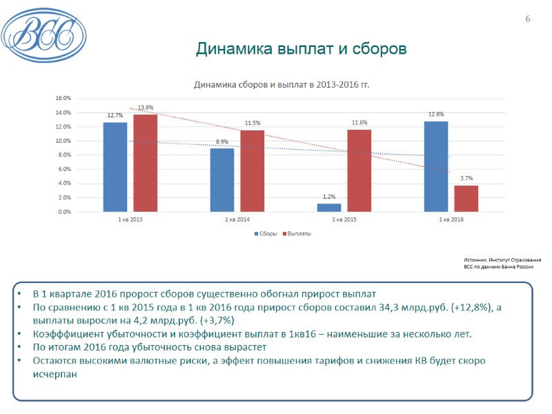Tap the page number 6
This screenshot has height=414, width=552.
coord(528,19)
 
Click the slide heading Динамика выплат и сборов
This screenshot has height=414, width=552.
coord(301,49)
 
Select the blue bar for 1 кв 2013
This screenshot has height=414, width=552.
coord(115,167)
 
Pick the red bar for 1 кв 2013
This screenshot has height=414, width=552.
coord(146,163)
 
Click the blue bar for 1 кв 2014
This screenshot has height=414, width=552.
coord(222,180)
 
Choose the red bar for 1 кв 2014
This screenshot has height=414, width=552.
coord(253,171)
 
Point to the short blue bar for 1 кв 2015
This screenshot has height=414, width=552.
coord(329,208)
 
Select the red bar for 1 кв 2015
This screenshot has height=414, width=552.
coord(359,170)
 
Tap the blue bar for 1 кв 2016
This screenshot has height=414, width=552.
coord(436,166)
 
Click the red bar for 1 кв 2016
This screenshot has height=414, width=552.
coord(466,199)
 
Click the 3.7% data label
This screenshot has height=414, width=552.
coord(466,179)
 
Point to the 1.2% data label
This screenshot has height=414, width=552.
coord(329,197)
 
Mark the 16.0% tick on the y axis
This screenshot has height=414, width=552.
coord(63,99)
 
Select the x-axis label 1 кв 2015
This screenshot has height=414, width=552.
coord(344,219)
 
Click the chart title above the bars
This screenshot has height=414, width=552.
coord(282,85)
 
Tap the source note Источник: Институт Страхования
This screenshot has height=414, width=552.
coord(502,259)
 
